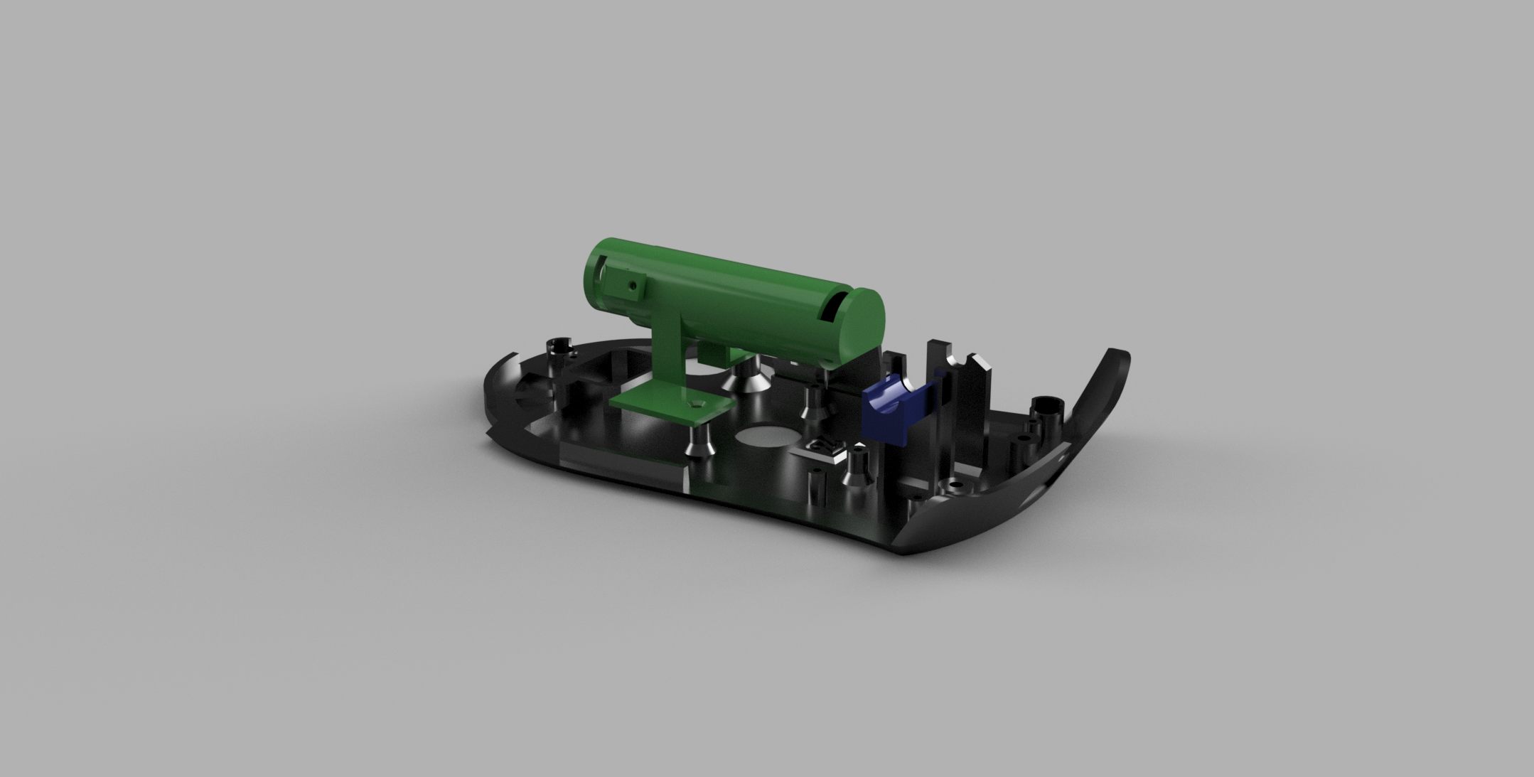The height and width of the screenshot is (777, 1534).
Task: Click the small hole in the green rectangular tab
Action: pyautogui.click(x=632, y=285)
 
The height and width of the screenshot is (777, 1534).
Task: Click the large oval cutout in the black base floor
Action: pyautogui.click(x=766, y=436)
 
